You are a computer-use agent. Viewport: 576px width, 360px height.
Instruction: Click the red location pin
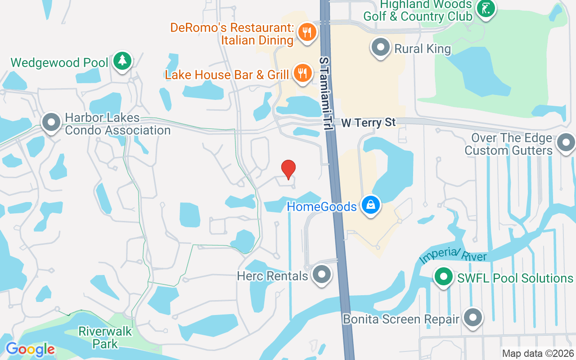pyautogui.click(x=288, y=169)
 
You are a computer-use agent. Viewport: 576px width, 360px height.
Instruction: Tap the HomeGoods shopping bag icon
pyautogui.click(x=370, y=205)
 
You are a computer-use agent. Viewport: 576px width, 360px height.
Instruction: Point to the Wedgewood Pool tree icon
pyautogui.click(x=122, y=60)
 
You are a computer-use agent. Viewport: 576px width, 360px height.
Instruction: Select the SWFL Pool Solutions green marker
pyautogui.click(x=444, y=277)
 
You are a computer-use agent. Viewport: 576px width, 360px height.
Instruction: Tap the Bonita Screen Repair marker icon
pyautogui.click(x=472, y=318)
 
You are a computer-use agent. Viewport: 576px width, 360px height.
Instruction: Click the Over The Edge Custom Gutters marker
pyautogui.click(x=566, y=143)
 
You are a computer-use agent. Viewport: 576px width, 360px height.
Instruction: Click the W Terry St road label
pyautogui.click(x=368, y=122)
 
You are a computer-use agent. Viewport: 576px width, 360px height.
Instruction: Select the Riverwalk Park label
pyautogui.click(x=105, y=337)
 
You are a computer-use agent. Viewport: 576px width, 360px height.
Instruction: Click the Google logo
pyautogui.click(x=30, y=349)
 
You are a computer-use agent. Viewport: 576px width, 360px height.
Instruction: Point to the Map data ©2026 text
pyautogui.click(x=538, y=354)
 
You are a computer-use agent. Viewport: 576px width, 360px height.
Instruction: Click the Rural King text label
pyautogui.click(x=423, y=49)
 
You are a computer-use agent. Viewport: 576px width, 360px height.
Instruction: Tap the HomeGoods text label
pyautogui.click(x=322, y=207)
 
